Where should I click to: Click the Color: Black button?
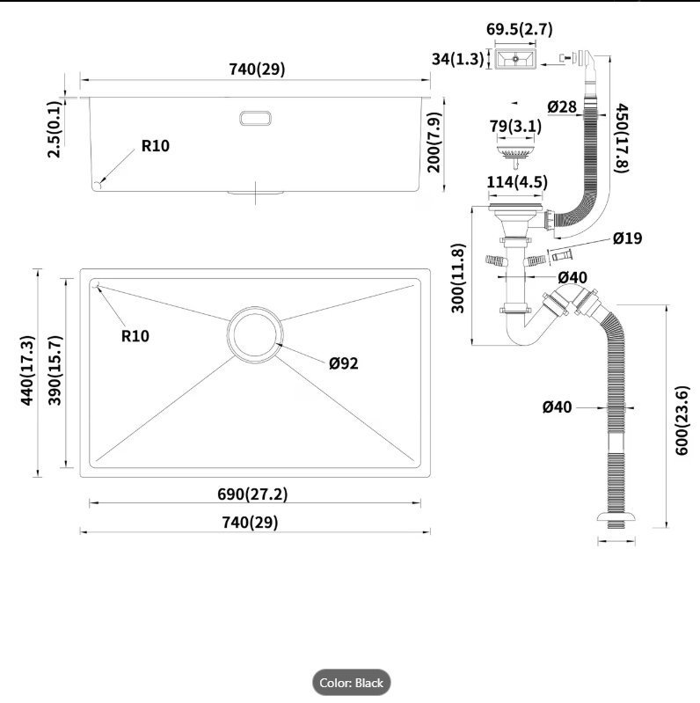click(352, 683)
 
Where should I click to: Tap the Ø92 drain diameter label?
click(344, 362)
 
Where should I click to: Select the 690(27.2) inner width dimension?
click(252, 494)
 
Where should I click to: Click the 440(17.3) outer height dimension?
click(27, 370)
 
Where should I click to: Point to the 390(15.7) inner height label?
click(55, 370)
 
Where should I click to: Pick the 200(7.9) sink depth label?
click(434, 143)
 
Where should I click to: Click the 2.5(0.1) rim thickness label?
click(55, 129)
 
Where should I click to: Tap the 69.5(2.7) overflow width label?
click(520, 29)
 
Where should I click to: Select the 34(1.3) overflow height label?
click(457, 59)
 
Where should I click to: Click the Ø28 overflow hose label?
click(562, 106)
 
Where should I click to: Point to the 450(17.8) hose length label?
click(622, 137)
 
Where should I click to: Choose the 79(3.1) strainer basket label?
click(515, 126)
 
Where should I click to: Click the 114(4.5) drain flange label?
click(517, 182)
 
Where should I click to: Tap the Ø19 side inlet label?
click(627, 238)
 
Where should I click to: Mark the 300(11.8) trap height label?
click(458, 278)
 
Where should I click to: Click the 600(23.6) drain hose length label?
click(682, 421)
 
